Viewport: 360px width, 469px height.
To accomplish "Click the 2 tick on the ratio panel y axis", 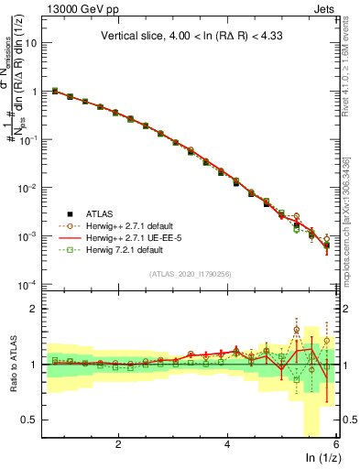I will [37, 309].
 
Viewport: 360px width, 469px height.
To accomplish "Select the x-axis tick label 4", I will [227, 445].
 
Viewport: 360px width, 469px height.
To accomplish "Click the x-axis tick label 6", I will [336, 445].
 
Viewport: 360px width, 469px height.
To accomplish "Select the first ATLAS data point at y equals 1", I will [55, 91].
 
